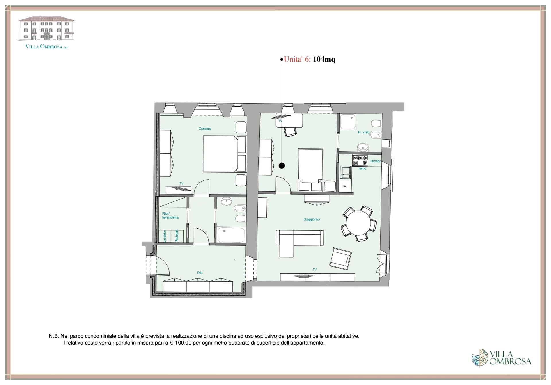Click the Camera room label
pyautogui.click(x=205, y=129)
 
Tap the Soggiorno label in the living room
pyautogui.click(x=312, y=219)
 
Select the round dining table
pyautogui.click(x=359, y=223)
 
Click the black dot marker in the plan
pyautogui.click(x=282, y=166)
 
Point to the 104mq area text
pyautogui.click(x=324, y=59)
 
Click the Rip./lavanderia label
pyautogui.click(x=170, y=215)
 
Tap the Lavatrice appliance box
pyautogui.click(x=165, y=236)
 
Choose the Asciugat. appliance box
pyautogui.click(x=177, y=236)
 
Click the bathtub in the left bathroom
pyautogui.click(x=231, y=235)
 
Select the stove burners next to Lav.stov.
pyautogui.click(x=360, y=160)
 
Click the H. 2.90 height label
pyautogui.click(x=364, y=132)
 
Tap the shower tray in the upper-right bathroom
pyautogui.click(x=348, y=122)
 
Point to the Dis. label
pyautogui.click(x=200, y=273)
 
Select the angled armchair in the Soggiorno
pyautogui.click(x=340, y=259)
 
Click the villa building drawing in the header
pyautogui.click(x=46, y=28)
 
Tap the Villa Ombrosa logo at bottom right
pyautogui.click(x=501, y=358)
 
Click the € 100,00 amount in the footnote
pyautogui.click(x=181, y=343)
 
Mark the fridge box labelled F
pyautogui.click(x=345, y=186)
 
